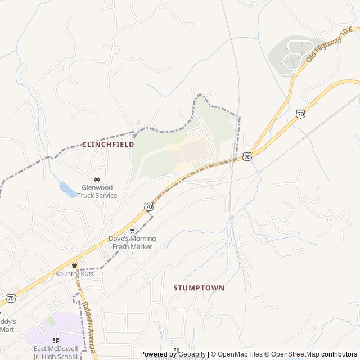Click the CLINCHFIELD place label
108,145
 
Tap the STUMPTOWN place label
199,288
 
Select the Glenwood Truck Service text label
97,192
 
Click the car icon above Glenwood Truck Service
97,179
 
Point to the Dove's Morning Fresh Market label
132,242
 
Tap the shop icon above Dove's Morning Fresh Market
132,230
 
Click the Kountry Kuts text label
74,274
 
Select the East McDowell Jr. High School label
55,353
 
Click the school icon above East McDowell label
55,340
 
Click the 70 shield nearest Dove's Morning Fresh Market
148,207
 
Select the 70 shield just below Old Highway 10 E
300,114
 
